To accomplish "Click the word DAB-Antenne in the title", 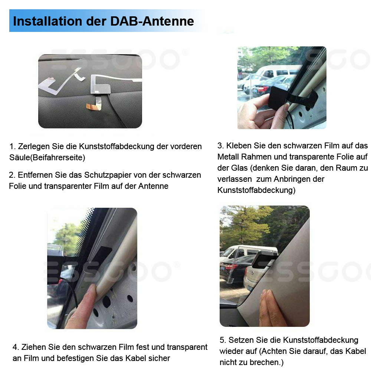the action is [x=152, y=21].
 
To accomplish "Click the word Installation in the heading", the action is [x=47, y=21].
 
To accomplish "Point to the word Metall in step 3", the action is [x=228, y=157].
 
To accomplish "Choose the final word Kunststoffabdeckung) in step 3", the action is [x=256, y=190].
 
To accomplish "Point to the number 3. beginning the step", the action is [x=221, y=145].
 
